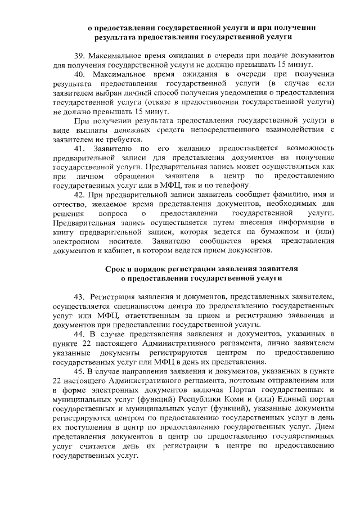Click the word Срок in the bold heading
118,269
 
